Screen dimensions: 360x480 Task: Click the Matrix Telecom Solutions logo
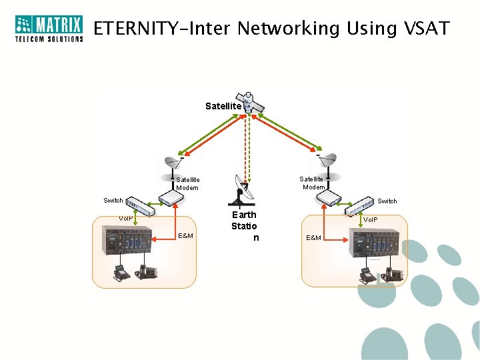pyautogui.click(x=49, y=29)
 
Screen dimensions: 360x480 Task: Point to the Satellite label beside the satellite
pyautogui.click(x=223, y=106)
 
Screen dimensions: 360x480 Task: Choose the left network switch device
pyautogui.click(x=141, y=207)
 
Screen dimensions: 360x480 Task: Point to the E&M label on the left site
pyautogui.click(x=186, y=236)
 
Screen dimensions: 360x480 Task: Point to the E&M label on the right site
pyautogui.click(x=313, y=238)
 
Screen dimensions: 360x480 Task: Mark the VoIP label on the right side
pyautogui.click(x=370, y=219)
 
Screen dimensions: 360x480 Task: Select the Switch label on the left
pyautogui.click(x=113, y=201)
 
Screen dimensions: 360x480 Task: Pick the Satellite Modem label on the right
pyautogui.click(x=311, y=183)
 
